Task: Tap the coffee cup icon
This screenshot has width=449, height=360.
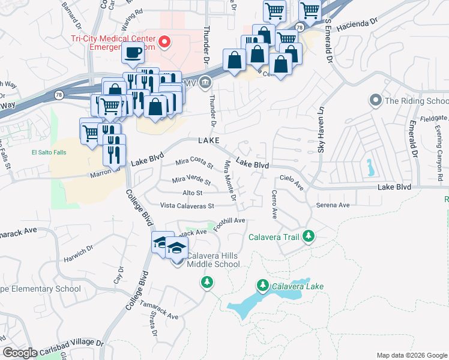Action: (x=133, y=52)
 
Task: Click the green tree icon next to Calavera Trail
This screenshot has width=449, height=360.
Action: (x=308, y=236)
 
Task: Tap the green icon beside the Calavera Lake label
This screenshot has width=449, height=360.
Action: (x=262, y=286)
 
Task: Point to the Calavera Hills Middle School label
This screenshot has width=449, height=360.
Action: (x=213, y=260)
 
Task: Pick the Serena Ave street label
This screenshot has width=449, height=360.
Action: (x=333, y=205)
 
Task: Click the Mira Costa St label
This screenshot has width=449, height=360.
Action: (x=194, y=162)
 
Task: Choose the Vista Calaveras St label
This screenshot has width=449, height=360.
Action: (x=187, y=206)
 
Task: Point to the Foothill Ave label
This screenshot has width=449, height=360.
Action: (x=234, y=221)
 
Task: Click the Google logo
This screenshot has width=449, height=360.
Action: (x=20, y=353)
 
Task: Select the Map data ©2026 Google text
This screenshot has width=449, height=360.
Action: (x=411, y=355)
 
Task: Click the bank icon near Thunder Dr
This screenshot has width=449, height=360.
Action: (x=205, y=82)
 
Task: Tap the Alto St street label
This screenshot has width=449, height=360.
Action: (x=192, y=193)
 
